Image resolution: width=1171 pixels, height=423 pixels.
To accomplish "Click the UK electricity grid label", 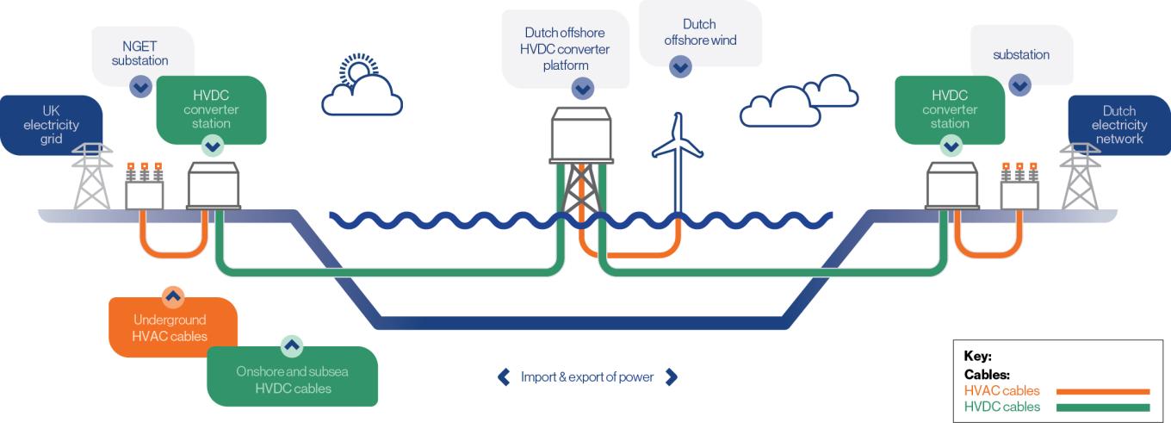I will point(51,125).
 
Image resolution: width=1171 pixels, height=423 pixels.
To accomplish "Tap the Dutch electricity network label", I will point(1119,125).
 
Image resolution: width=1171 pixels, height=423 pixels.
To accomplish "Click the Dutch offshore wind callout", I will point(700,33).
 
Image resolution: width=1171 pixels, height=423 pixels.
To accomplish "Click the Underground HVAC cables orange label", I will point(172,327).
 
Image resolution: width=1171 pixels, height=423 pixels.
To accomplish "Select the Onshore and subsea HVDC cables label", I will point(292,379).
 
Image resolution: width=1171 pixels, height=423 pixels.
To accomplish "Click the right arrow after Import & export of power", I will point(672,376).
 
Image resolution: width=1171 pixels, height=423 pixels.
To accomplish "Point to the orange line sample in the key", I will point(1103,391).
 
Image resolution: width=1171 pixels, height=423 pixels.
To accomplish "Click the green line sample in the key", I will point(1103,407).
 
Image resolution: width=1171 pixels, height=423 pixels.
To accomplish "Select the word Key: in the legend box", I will point(978,356).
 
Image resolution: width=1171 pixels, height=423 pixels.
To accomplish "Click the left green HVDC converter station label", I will point(211,109).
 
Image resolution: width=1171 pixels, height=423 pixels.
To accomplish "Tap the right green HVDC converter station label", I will point(950,109).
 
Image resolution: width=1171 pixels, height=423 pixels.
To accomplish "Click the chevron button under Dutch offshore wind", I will point(680,66).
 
